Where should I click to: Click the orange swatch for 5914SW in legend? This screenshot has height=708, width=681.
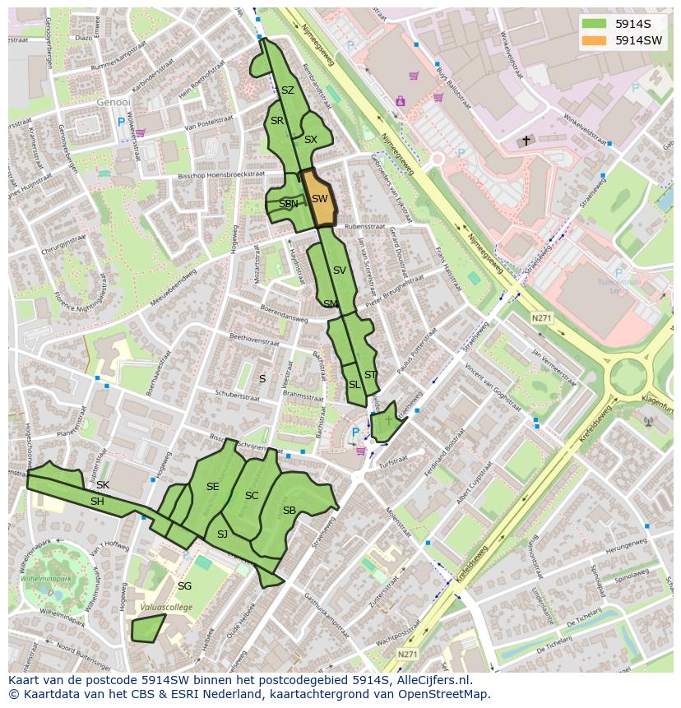tap(594, 40)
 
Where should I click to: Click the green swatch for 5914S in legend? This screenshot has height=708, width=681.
tap(594, 24)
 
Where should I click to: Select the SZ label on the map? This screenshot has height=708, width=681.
tap(287, 90)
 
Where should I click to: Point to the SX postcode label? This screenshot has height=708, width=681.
tap(310, 140)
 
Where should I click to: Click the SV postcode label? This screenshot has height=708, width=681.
tap(339, 270)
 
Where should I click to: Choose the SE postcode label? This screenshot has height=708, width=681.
tap(212, 487)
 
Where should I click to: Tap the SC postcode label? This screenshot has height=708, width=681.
tap(252, 495)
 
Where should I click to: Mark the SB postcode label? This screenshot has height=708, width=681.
tap(289, 511)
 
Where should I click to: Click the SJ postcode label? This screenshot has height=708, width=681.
tap(222, 534)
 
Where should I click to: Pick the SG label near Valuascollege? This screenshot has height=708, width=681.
tap(184, 585)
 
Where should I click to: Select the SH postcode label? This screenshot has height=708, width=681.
tap(97, 502)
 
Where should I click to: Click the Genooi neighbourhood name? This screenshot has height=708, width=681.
tap(113, 103)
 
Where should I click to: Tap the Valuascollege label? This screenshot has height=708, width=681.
tap(165, 607)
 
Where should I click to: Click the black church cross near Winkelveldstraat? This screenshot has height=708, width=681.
tap(526, 141)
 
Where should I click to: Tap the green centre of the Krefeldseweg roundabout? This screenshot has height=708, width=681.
tap(628, 377)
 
